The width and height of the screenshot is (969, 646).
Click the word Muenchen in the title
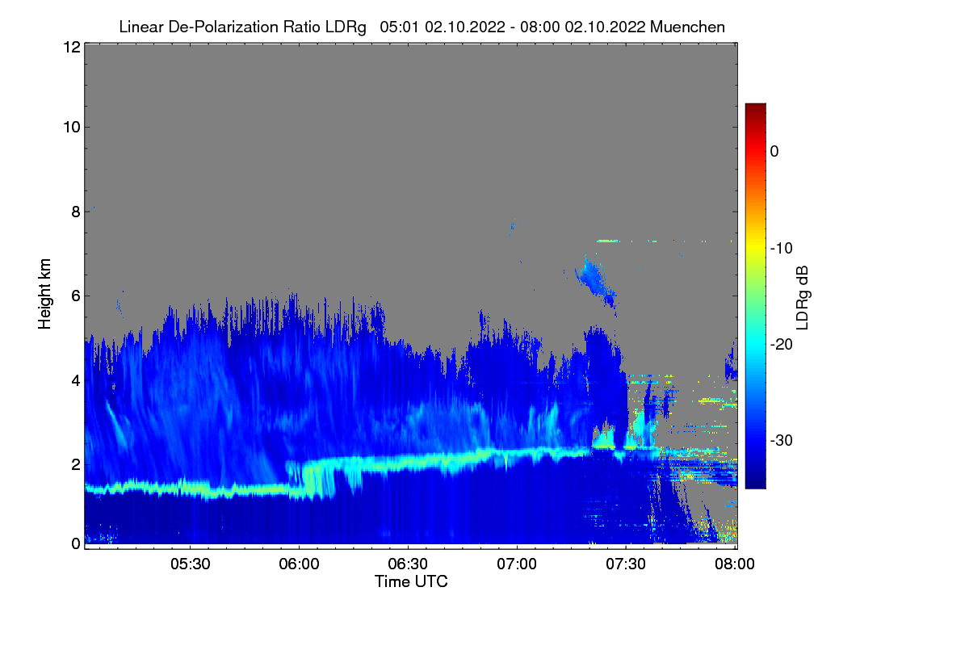tap(687, 27)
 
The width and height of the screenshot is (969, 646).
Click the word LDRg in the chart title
tap(346, 27)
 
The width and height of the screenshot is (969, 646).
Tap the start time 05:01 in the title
tap(399, 27)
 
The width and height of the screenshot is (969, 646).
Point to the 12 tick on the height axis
tap(72, 47)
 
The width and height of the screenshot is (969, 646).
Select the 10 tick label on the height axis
tap(72, 128)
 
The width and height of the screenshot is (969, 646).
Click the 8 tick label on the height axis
tap(76, 212)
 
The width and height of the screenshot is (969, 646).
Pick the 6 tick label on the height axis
tap(76, 296)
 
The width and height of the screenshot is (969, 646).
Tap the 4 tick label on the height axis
tap(76, 381)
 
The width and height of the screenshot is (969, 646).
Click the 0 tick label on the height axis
tap(76, 544)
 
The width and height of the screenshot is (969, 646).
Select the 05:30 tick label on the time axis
tap(191, 564)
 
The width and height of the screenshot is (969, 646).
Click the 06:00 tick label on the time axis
tap(300, 564)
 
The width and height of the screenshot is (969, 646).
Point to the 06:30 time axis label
tap(408, 564)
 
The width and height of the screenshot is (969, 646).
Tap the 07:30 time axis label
tap(626, 564)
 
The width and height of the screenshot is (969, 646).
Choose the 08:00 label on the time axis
tap(735, 564)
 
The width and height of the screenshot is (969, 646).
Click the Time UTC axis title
tap(411, 581)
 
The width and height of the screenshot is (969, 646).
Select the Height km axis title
tap(44, 294)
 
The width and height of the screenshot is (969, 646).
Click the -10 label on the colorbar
tap(782, 249)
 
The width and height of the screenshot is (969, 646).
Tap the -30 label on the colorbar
tap(782, 440)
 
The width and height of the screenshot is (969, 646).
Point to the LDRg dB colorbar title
tap(803, 298)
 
